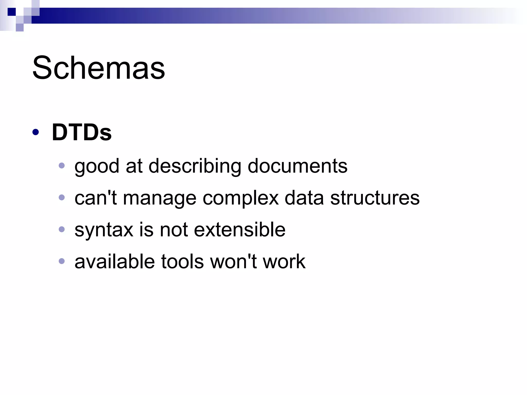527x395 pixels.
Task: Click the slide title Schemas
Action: tap(99, 68)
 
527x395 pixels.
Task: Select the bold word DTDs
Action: tap(82, 132)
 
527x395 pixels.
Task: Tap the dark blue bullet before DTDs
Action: tap(36, 132)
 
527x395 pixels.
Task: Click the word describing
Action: tap(195, 166)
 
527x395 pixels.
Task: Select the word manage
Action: tap(160, 198)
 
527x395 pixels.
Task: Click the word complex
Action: tap(241, 198)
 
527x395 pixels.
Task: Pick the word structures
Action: tap(375, 198)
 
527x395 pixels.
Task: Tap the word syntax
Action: tap(104, 230)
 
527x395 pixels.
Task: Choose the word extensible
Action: tap(240, 229)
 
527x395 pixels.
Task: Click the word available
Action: tap(115, 262)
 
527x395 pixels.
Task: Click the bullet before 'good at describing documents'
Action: tap(62, 165)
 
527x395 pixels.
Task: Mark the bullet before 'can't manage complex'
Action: tap(62, 197)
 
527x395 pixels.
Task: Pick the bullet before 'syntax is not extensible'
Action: tap(62, 229)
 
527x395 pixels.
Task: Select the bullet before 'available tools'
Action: tap(62, 261)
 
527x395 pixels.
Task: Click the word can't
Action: tap(95, 198)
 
